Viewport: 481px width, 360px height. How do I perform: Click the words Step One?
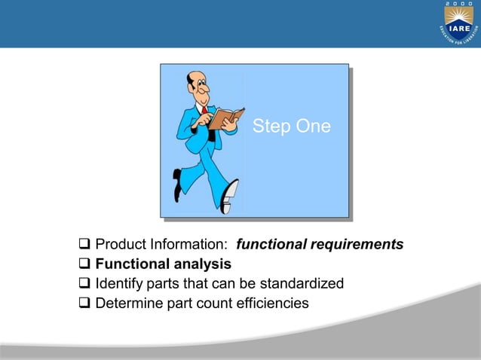pos(291,127)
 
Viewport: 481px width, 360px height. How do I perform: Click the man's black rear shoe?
pos(177,184)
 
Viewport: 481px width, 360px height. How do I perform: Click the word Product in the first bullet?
pos(121,245)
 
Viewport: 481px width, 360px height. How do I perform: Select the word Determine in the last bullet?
pos(127,304)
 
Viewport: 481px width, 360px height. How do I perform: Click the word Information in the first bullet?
pos(187,245)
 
